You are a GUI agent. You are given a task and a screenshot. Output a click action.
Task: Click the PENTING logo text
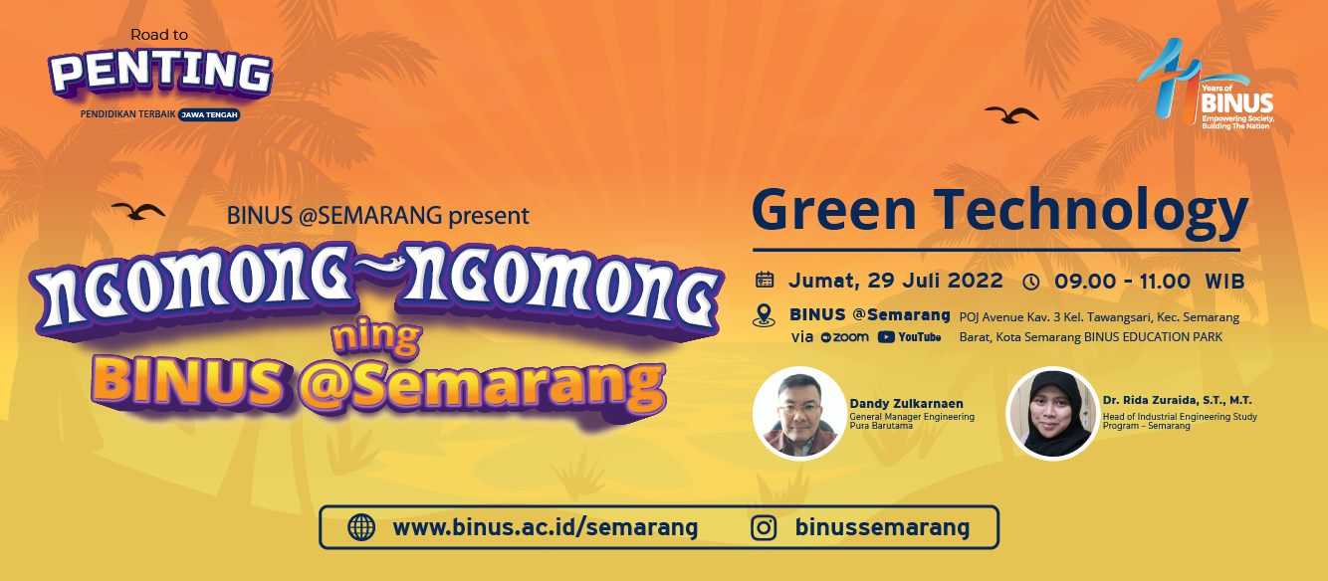click(160, 73)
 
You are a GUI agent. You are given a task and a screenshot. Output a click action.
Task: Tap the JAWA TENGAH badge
click(209, 114)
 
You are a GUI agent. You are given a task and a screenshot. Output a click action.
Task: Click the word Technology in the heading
click(1091, 212)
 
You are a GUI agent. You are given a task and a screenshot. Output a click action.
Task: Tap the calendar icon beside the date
click(765, 280)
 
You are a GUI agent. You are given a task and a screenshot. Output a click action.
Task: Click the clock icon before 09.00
click(1031, 282)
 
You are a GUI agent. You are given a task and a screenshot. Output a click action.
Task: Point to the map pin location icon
click(764, 315)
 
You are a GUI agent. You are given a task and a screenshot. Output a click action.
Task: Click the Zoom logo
click(845, 337)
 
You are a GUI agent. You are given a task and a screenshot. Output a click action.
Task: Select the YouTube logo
click(910, 337)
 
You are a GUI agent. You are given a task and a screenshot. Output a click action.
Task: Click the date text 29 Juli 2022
click(935, 281)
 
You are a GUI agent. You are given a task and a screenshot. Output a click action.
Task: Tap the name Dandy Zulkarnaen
click(907, 403)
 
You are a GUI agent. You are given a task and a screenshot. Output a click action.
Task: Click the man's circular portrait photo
click(799, 414)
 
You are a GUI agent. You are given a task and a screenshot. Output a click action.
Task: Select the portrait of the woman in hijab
click(1052, 414)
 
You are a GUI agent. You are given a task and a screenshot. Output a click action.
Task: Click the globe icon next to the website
click(361, 527)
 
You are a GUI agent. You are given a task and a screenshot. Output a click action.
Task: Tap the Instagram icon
click(764, 527)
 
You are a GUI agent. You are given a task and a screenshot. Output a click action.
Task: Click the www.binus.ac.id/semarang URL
click(545, 527)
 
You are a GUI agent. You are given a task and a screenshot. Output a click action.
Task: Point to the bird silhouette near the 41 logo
click(1011, 114)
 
